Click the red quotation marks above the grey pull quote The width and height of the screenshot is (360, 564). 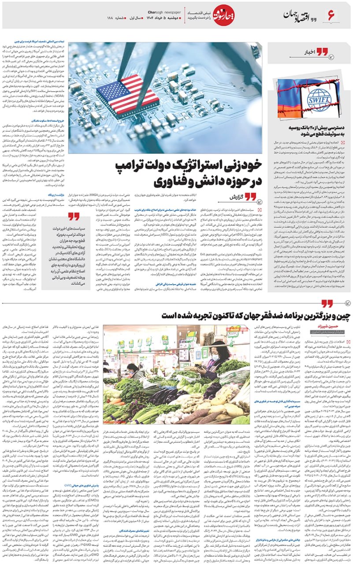(x=73, y=216)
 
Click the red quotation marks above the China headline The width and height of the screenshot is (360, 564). (x=327, y=304)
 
